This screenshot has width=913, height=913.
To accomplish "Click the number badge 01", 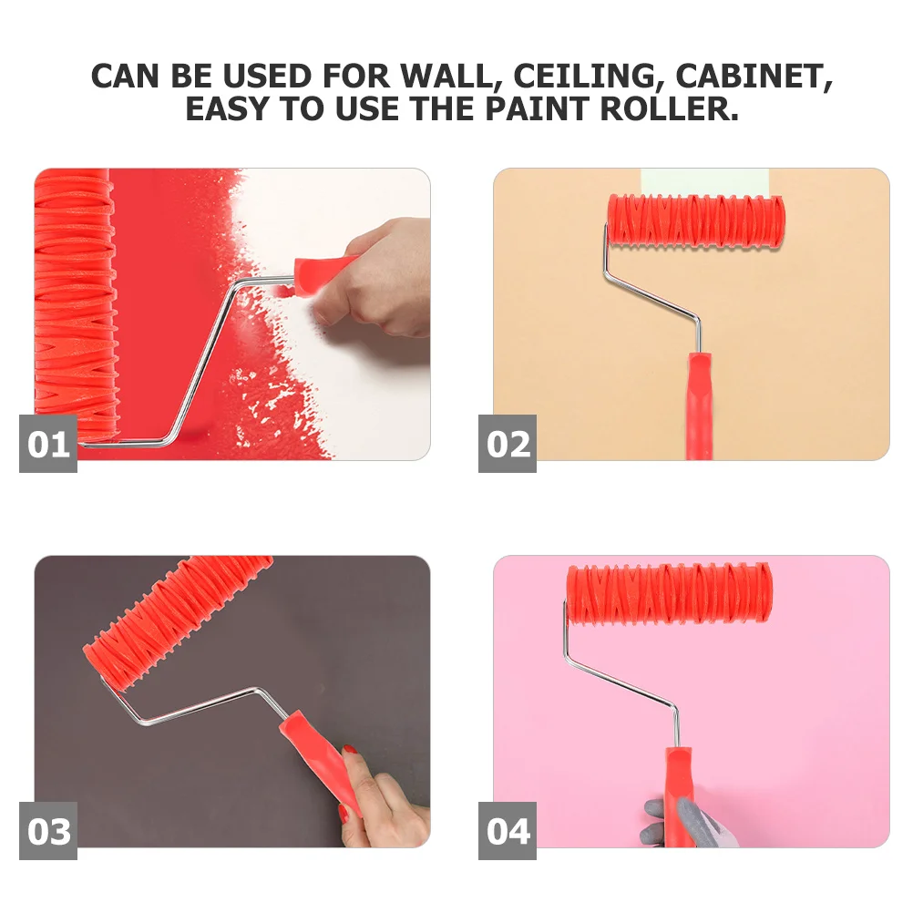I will pyautogui.click(x=48, y=444).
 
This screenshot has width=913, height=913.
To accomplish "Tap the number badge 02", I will pyautogui.click(x=508, y=444).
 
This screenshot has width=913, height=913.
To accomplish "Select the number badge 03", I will pyautogui.click(x=48, y=831).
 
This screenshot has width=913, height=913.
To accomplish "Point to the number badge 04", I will pyautogui.click(x=508, y=831).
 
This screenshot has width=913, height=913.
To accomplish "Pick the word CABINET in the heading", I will pyautogui.click(x=754, y=77).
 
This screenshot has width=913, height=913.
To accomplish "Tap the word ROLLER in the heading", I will pyautogui.click(x=668, y=109).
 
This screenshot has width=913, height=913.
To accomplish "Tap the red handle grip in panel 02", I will pyautogui.click(x=700, y=401).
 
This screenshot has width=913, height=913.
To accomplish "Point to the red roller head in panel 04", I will pyautogui.click(x=668, y=593).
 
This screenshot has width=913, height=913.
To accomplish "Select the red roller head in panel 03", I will pyautogui.click(x=178, y=610).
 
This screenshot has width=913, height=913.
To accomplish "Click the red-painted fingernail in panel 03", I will pyautogui.click(x=349, y=750).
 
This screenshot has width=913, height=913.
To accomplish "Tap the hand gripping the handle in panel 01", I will pyautogui.click(x=383, y=278).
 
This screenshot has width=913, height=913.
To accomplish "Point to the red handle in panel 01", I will pyautogui.click(x=323, y=269).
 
